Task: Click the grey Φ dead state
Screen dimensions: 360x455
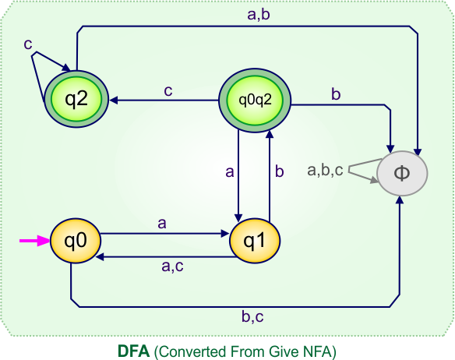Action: pos(402,173)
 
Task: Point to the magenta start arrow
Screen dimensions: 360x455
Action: pos(33,241)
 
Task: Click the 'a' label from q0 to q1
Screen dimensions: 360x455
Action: pos(162,224)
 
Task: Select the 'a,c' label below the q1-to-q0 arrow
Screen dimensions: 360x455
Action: pos(172,266)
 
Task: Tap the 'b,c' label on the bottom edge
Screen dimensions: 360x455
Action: pos(252,316)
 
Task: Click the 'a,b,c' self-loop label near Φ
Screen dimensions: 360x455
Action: pos(325,169)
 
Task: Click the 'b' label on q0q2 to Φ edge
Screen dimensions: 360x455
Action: pos(336,94)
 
